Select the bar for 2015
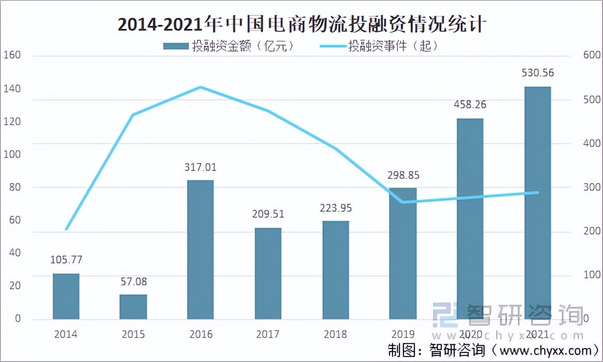point(133,307)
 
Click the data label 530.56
point(537,73)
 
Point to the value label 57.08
point(133,282)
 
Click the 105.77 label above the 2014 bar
point(66,260)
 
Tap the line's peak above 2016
point(201,88)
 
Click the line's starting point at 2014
point(66,229)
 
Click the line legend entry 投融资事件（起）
point(378,46)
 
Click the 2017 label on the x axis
point(268,334)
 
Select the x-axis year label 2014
point(66,334)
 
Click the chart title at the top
point(301,24)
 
